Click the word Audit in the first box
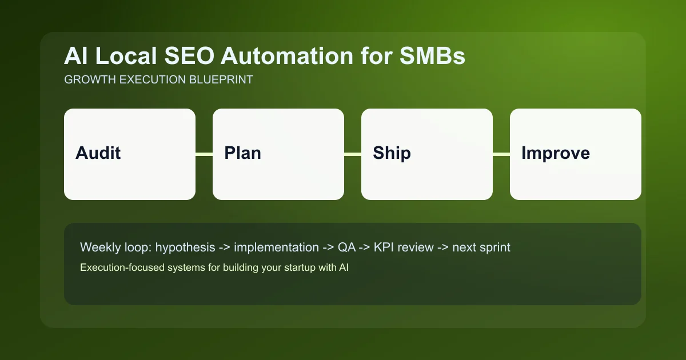98,153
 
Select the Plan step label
242,153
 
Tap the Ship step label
392,153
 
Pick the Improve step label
555,153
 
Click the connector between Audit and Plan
204,154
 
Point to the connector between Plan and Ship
353,154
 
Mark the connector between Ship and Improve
501,154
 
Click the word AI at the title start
75,57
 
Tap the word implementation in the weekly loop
276,247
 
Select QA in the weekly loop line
345,247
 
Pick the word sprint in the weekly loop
494,247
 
